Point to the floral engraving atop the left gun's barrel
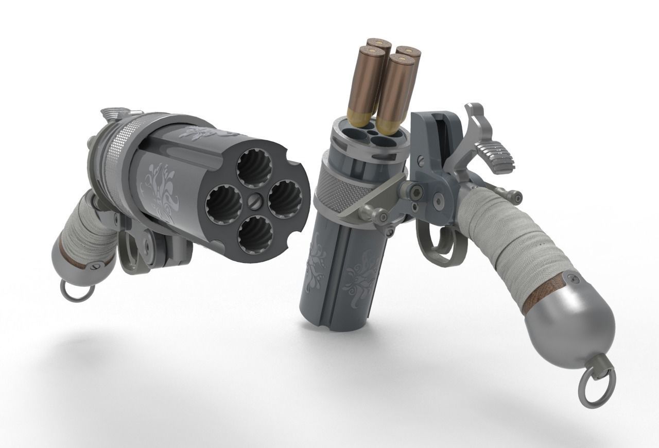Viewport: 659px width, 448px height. pyautogui.click(x=198, y=133)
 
